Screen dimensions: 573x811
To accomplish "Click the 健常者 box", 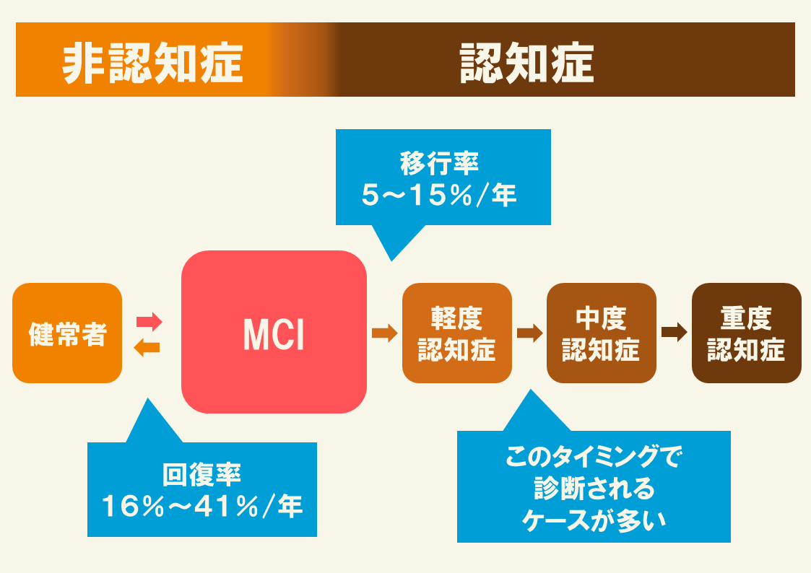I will coord(67,333).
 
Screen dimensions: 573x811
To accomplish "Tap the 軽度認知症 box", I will coord(456,333).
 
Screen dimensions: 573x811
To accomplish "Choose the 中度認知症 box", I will coord(601,333).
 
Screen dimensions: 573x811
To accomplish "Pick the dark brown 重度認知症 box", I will coord(746,333).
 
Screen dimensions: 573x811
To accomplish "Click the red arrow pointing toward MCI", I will coord(149,320).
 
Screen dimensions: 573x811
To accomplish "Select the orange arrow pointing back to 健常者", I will coord(147,348).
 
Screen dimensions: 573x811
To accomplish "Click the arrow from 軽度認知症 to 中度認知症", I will coord(529,333).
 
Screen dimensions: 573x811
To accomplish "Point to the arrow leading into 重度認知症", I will coord(674,333).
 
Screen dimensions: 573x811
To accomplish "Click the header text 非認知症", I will coord(152,64).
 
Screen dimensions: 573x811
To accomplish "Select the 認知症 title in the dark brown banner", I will coord(527,64).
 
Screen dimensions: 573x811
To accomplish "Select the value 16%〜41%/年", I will coord(201,506).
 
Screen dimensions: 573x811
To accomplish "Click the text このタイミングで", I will coord(594,457).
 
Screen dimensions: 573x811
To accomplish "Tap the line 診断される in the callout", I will coord(594,489).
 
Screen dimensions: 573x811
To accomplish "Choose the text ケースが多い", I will coord(594,520).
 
